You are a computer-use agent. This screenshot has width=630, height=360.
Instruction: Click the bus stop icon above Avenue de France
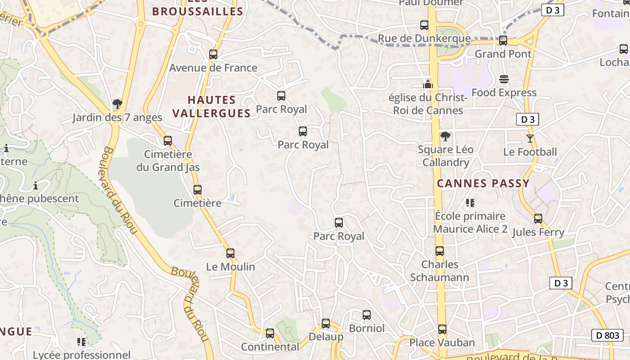(213, 54)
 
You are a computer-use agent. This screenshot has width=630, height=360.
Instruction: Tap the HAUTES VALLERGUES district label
(211, 106)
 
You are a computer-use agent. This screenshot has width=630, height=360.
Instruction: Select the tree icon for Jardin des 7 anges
(117, 104)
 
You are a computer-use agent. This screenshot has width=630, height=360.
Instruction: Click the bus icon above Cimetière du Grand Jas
(168, 141)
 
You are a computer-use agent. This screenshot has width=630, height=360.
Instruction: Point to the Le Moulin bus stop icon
(230, 253)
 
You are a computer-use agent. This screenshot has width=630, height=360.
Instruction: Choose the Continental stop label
(270, 347)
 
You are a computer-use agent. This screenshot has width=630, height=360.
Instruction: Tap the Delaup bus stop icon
(326, 324)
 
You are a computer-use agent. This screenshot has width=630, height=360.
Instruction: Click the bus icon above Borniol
(367, 315)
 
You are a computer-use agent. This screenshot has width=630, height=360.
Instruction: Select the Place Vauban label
(442, 343)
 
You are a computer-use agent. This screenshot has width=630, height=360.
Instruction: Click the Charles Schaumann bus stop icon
(440, 251)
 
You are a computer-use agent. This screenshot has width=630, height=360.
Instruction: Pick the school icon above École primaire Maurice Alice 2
(470, 202)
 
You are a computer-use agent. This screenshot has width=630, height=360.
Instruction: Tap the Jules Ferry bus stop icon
(538, 219)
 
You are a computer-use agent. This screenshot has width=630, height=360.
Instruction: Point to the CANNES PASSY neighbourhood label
(483, 184)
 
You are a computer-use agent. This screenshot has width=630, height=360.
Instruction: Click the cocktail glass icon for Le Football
(530, 139)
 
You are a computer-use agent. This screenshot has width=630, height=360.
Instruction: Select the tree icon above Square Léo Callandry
(445, 136)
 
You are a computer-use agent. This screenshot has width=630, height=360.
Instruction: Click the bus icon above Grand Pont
(503, 40)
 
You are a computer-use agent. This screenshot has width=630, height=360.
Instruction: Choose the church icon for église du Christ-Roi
(427, 84)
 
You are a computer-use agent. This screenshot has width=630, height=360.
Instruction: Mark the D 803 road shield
(607, 335)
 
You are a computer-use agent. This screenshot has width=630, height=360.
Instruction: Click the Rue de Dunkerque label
(424, 39)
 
